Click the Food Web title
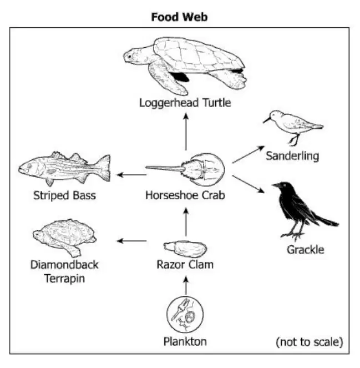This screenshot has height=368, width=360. (179, 17)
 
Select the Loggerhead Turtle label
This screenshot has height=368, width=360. (185, 103)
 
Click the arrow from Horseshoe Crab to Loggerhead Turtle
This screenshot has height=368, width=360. (186, 132)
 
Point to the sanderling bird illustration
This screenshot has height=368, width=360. (293, 127)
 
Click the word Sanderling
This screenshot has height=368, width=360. (292, 156)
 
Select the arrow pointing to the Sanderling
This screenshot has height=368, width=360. (248, 154)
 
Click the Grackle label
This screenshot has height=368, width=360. (305, 250)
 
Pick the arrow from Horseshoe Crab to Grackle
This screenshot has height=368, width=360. (248, 184)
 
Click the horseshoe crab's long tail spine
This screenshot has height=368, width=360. (164, 168)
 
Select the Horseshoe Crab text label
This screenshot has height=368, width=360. (185, 195)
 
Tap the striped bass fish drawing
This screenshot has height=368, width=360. (64, 169)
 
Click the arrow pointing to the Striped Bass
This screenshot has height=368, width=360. (131, 175)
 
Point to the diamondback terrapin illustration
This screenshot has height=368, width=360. (64, 238)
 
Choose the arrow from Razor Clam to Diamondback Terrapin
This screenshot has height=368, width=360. (131, 241)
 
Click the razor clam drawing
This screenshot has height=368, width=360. (185, 249)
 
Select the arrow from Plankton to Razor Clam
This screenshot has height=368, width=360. (186, 285)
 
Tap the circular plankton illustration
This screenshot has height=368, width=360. (185, 315)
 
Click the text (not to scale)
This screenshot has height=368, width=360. (310, 342)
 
